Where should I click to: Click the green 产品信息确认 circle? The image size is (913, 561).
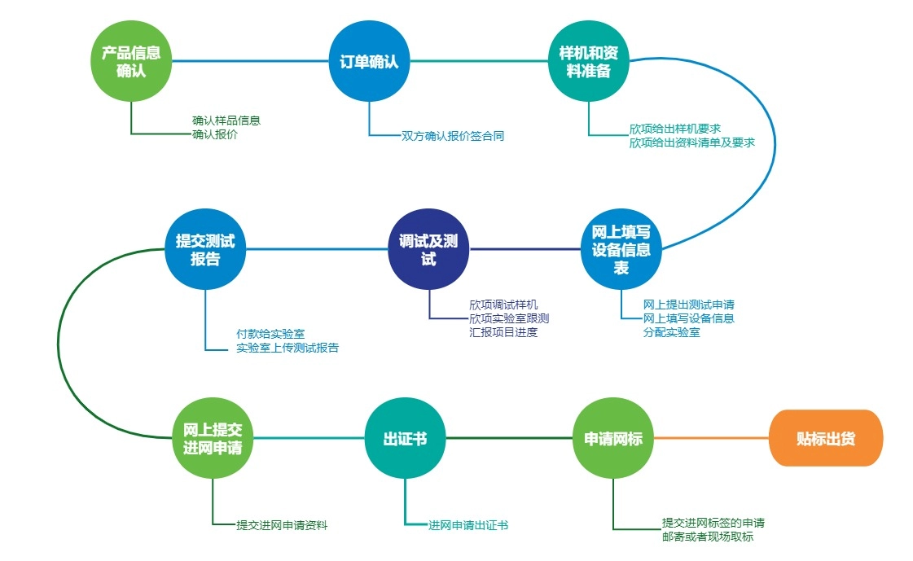tap(131, 61)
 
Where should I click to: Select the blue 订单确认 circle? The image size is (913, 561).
tap(368, 61)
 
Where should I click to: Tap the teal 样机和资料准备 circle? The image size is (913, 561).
tap(589, 61)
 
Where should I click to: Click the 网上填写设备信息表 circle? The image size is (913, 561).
tap(621, 248)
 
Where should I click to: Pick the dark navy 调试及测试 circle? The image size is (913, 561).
tap(429, 248)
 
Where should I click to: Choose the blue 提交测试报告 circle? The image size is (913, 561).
tap(205, 248)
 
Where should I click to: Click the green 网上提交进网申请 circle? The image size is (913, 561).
tap(213, 437)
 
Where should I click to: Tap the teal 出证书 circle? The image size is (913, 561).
tap(405, 439)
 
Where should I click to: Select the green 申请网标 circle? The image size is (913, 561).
tap(613, 439)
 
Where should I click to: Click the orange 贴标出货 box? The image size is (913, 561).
tap(826, 438)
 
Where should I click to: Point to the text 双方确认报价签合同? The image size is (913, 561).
tap(453, 136)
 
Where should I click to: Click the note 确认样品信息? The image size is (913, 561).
tap(226, 121)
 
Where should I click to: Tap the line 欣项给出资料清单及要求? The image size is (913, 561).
tap(691, 142)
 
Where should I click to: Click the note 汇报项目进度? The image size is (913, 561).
tap(503, 332)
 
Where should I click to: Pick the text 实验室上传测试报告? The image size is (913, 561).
tap(288, 348)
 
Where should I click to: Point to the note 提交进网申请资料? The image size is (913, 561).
tap(282, 525)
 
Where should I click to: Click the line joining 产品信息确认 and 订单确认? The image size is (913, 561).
tap(249, 61)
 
